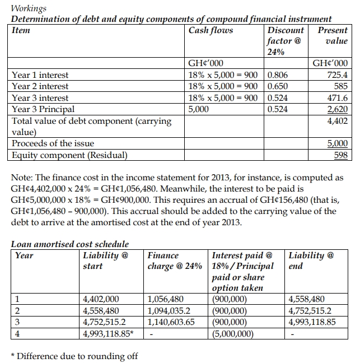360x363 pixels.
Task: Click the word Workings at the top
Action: [29, 8]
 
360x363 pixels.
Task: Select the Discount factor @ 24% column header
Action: [286, 41]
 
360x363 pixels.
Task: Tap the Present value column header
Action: [333, 35]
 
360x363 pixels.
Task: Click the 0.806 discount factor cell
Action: [278, 75]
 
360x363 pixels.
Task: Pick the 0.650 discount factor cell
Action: [278, 86]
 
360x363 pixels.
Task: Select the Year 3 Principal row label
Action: [43, 109]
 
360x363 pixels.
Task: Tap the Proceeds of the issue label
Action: [53, 143]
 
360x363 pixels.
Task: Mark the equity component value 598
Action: [340, 155]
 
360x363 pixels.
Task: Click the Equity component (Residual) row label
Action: [69, 155]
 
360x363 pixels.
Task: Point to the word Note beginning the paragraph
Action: [21, 178]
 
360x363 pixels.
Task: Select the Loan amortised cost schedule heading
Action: [70, 244]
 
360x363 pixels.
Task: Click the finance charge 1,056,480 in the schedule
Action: [167, 299]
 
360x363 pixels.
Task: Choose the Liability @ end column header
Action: [311, 260]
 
